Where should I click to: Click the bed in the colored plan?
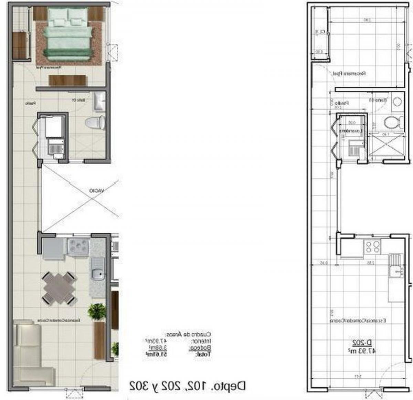point(69,34)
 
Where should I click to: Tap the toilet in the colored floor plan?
point(95,123)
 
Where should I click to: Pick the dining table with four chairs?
point(59,288)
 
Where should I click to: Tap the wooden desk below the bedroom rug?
point(68,80)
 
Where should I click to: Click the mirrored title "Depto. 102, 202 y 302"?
point(188,386)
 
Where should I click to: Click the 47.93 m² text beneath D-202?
point(361,351)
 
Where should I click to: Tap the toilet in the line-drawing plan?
point(392,122)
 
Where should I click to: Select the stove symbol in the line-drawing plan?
point(372,246)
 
